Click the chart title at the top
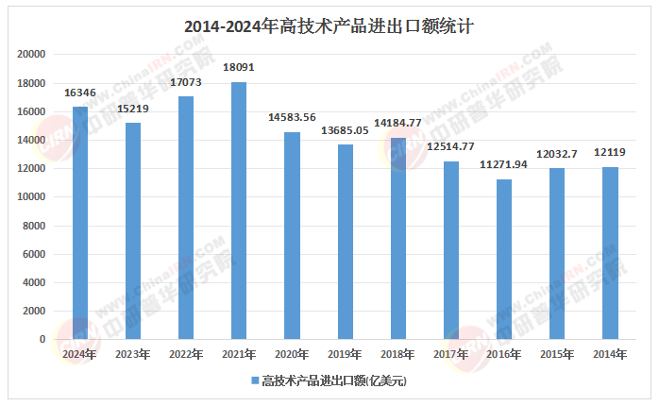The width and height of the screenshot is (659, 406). point(329,26)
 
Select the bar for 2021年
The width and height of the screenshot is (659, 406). point(239,211)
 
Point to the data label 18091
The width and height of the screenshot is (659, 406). point(239,68)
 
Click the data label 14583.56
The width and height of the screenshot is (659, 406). point(292,118)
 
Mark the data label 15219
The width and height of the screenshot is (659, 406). point(133,109)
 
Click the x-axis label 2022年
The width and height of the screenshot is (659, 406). point(186,354)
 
